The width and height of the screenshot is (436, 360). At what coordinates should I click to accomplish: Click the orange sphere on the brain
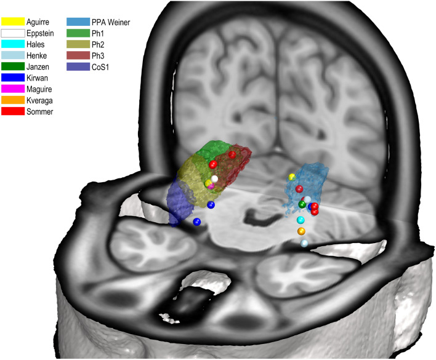[301, 231]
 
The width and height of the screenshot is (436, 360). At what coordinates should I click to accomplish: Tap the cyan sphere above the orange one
[301, 220]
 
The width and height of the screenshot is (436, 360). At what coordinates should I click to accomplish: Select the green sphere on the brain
[302, 204]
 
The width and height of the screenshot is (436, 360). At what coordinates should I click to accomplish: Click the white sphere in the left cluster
[214, 179]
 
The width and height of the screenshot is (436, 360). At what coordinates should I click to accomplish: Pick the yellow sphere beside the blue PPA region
[292, 177]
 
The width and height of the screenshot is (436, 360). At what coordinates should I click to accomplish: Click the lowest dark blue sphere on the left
[196, 222]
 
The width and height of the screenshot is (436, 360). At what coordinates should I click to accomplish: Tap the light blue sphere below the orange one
[304, 244]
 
